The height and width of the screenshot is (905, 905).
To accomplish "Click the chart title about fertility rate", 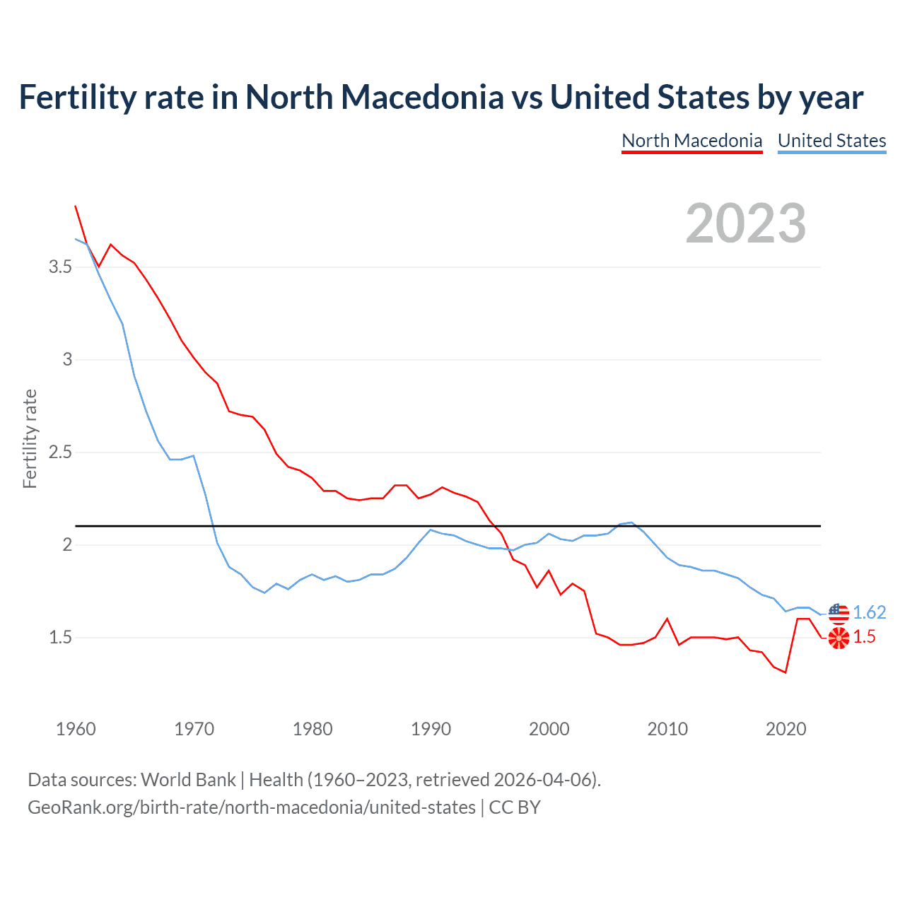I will [440, 97].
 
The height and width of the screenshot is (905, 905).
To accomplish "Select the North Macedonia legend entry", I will [691, 141].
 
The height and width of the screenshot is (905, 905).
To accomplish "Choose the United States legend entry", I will [831, 141].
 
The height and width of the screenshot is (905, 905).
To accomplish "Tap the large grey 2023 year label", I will [745, 223].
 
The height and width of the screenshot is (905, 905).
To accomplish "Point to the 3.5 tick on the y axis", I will [60, 267].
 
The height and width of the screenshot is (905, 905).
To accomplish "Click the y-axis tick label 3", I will [67, 360].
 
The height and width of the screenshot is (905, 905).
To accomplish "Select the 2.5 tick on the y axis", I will [60, 452].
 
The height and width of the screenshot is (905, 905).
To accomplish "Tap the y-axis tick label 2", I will [67, 545].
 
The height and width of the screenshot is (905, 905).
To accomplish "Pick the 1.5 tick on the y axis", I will [60, 638].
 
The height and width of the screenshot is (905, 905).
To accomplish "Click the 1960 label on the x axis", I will [76, 729].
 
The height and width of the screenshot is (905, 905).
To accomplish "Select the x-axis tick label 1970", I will [194, 729].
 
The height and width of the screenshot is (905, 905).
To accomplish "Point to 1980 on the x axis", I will [313, 729].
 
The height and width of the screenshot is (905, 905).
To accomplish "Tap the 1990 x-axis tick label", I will [431, 729].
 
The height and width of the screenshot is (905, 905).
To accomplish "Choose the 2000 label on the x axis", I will [549, 729].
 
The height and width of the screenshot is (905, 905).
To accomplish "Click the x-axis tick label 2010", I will [667, 729].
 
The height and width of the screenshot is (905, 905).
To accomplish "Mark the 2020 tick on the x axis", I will [786, 729].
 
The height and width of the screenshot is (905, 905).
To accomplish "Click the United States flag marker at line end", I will [839, 613].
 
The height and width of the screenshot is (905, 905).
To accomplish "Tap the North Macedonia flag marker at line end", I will [839, 638].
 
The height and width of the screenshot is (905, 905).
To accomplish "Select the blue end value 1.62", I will [869, 612].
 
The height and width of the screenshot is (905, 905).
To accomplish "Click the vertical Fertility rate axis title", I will [30, 438].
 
